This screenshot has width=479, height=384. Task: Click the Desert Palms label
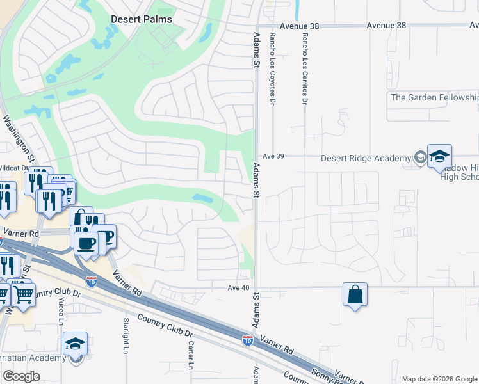[x=142, y=19]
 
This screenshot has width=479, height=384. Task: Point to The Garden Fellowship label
[x=435, y=97]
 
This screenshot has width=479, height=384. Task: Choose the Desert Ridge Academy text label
[x=365, y=158]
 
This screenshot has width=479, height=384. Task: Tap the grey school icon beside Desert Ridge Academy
[x=420, y=158]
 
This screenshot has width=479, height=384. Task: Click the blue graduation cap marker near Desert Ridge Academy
[x=440, y=156]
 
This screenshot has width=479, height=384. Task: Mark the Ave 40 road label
[x=238, y=287]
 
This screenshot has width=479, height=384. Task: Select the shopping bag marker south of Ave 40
[x=355, y=295]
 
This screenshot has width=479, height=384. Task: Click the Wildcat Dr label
[x=14, y=168]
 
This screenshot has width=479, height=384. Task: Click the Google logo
[x=21, y=376]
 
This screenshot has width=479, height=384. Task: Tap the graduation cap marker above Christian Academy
[x=75, y=344]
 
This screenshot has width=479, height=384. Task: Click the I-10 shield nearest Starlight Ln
[x=92, y=280]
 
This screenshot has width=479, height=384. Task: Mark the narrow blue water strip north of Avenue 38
[x=298, y=10]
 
